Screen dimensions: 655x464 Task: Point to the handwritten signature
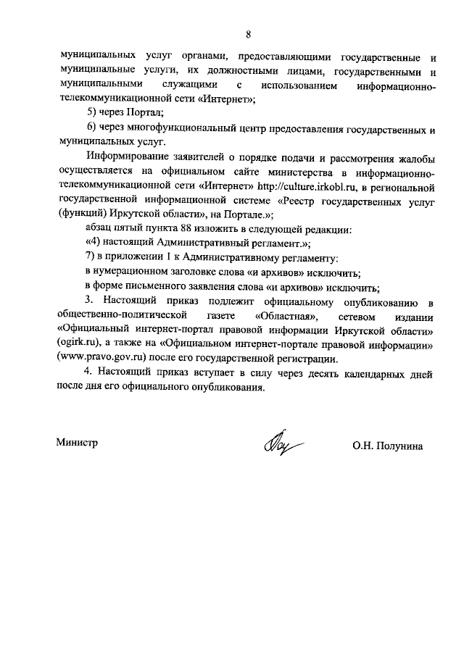tap(279, 441)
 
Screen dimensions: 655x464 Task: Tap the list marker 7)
tap(90, 258)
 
